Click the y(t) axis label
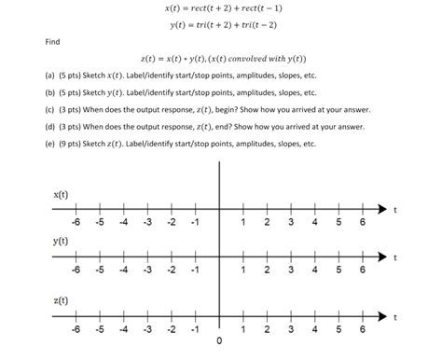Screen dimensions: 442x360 (61, 241)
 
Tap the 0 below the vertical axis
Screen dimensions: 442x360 (219, 340)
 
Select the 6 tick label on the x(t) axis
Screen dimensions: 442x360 (363, 223)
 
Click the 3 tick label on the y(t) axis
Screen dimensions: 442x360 (291, 270)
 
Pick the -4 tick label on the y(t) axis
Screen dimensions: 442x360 (123, 270)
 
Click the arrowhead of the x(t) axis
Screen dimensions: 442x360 (380, 209)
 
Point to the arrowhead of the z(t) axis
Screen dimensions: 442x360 (380, 316)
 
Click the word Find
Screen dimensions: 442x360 (52, 42)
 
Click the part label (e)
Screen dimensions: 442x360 (48, 145)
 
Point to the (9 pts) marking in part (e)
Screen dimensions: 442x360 (74, 145)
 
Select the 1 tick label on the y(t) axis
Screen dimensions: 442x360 (242, 270)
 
